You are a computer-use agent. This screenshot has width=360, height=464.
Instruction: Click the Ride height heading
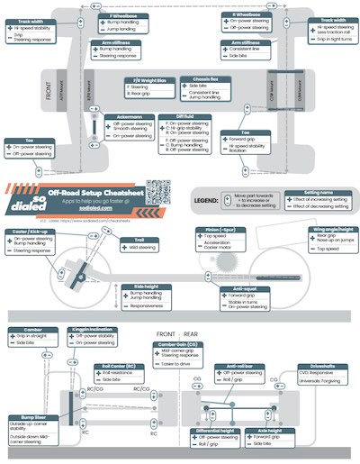(x=132, y=287)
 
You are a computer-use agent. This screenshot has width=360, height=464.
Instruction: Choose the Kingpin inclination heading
(x=91, y=331)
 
